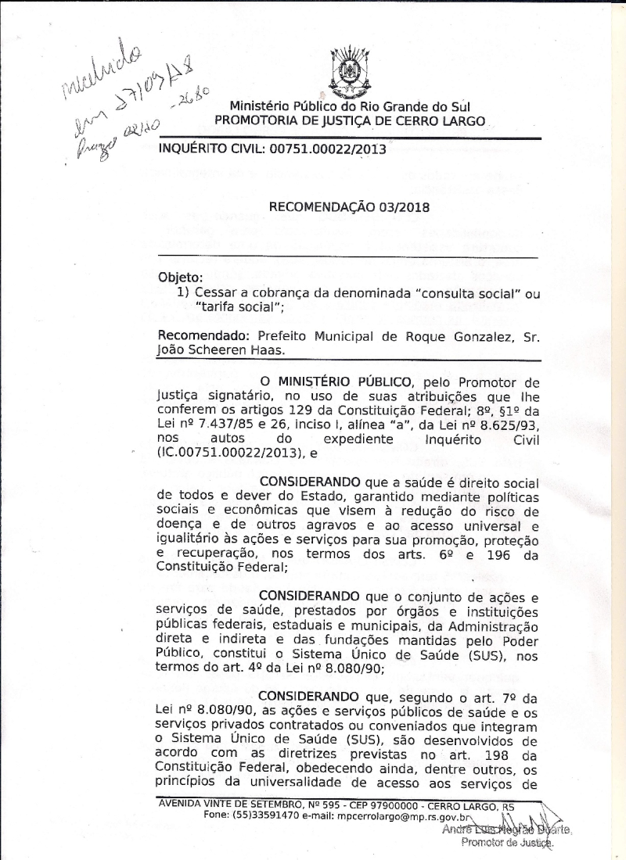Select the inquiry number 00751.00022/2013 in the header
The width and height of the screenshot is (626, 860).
[329, 149]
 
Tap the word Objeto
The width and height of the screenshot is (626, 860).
[180, 277]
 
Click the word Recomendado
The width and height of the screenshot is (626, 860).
[195, 336]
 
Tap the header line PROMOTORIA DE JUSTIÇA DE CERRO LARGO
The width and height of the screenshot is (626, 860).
[350, 121]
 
